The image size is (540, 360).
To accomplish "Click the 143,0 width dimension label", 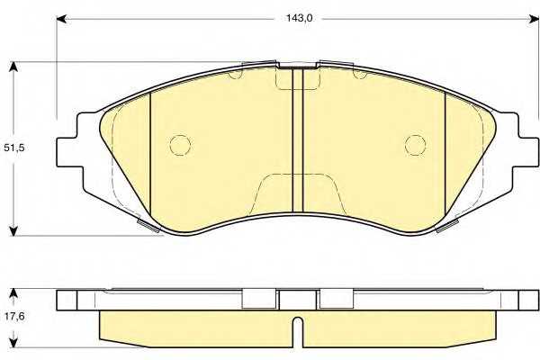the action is click(x=299, y=18).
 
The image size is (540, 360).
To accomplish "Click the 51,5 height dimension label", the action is click(x=13, y=148).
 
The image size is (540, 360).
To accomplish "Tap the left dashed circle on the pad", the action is click(x=180, y=145).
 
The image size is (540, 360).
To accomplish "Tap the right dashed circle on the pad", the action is click(x=415, y=145).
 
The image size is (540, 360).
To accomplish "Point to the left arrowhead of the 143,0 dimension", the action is click(x=61, y=19).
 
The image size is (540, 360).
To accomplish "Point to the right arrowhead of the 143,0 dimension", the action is click(x=535, y=19).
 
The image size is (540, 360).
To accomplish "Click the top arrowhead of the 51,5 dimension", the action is click(x=13, y=67).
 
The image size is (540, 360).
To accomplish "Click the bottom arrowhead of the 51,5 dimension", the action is click(x=13, y=230).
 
